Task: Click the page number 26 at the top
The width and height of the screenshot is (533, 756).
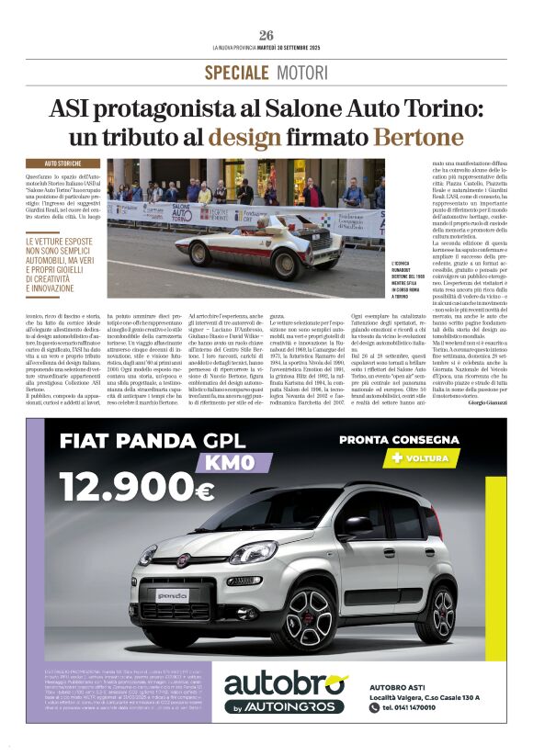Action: (266, 35)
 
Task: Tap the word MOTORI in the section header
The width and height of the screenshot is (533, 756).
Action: (302, 73)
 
